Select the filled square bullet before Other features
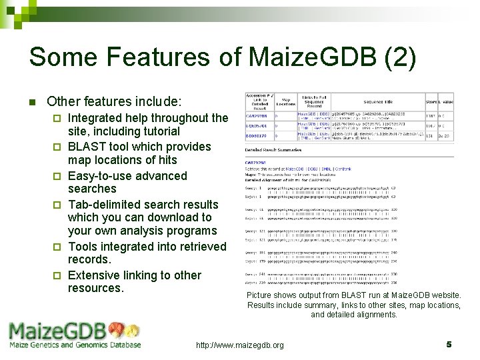pyautogui.click(x=31, y=103)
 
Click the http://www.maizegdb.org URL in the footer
pyautogui.click(x=239, y=345)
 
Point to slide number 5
pyautogui.click(x=449, y=345)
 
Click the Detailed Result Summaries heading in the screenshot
pyautogui.click(x=274, y=149)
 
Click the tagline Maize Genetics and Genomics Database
pyautogui.click(x=75, y=345)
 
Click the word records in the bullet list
pyautogui.click(x=89, y=259)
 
